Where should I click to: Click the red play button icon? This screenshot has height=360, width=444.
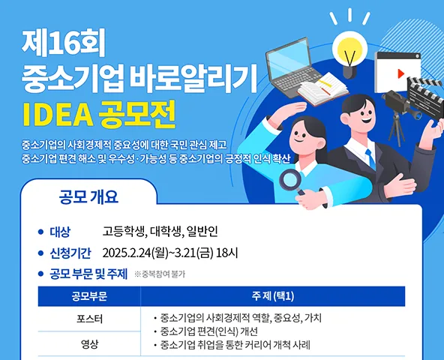click(400, 73)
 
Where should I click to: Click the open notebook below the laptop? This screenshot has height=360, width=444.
click(322, 88)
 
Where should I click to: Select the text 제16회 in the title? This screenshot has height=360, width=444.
click(63, 43)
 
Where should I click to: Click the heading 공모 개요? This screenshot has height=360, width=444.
click(88, 196)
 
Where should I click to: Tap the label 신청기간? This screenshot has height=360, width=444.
click(70, 253)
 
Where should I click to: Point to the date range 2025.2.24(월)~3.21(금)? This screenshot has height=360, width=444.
click(157, 253)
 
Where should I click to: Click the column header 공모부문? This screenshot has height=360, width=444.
click(89, 296)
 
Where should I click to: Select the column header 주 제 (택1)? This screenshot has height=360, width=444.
click(273, 296)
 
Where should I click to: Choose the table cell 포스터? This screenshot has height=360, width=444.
click(89, 319)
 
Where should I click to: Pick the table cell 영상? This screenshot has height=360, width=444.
click(89, 344)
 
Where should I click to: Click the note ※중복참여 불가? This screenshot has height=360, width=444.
click(160, 274)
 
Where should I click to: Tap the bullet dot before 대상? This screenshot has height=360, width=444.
click(40, 232)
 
